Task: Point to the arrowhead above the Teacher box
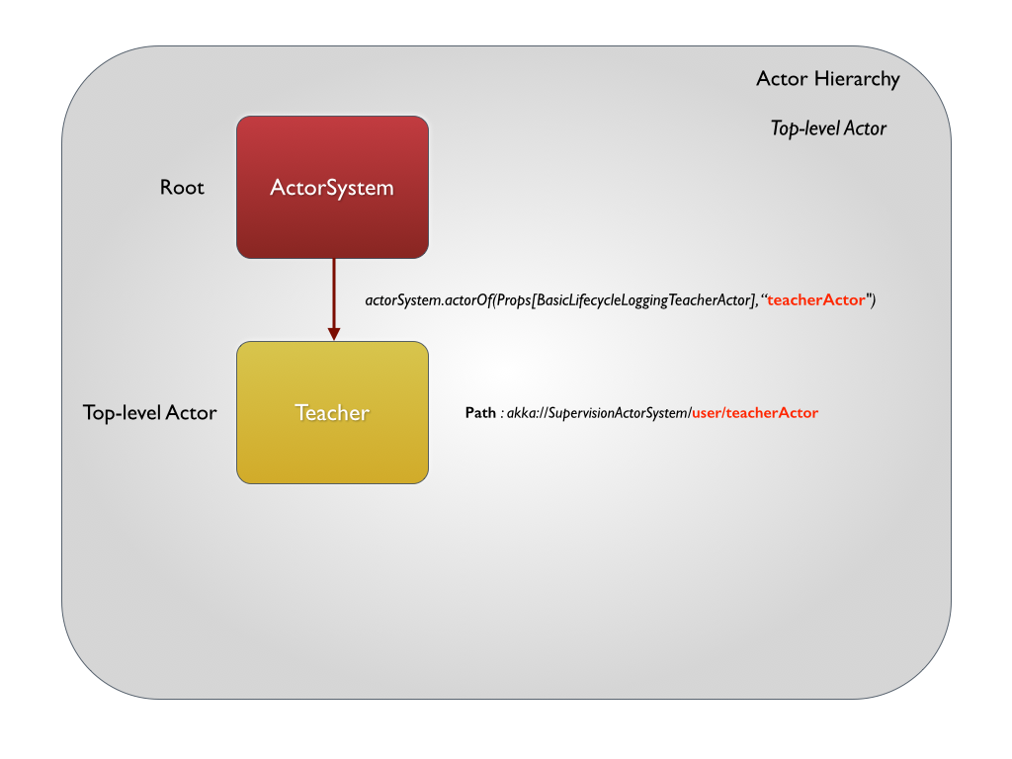pos(333,333)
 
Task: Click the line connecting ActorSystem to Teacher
pos(333,292)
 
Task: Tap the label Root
pos(182,187)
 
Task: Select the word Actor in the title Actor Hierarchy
pos(782,79)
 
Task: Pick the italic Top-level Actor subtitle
pos(828,128)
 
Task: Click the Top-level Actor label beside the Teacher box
pos(149,413)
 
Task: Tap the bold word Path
pos(480,413)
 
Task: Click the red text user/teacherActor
pos(755,413)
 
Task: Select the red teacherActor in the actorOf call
pos(816,300)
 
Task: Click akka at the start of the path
pos(520,413)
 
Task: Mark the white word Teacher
pos(332,413)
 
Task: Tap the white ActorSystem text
pos(332,187)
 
